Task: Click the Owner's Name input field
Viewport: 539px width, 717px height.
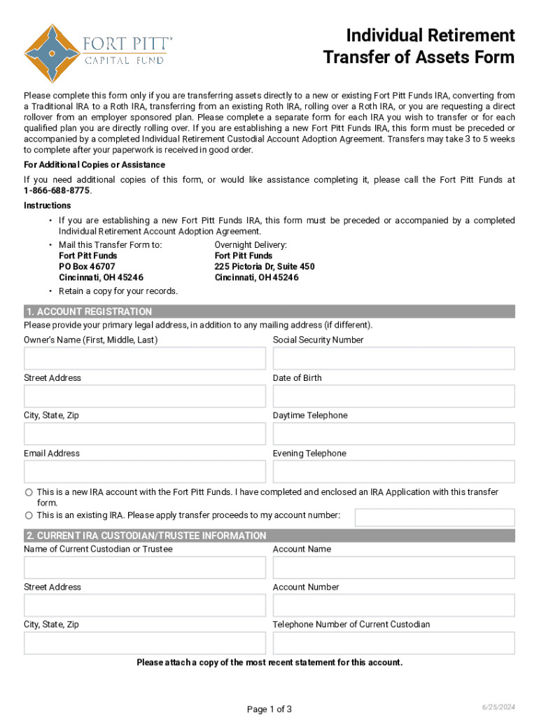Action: (x=145, y=358)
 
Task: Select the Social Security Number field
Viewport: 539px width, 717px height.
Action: (x=393, y=358)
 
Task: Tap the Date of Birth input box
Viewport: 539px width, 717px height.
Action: (x=393, y=396)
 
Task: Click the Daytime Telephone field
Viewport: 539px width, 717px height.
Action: (x=393, y=434)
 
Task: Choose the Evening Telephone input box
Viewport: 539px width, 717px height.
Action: (x=393, y=472)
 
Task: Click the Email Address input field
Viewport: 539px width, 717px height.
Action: (x=145, y=472)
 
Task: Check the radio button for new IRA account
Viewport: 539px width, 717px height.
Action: (x=29, y=492)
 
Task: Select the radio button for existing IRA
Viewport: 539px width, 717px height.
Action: (x=29, y=515)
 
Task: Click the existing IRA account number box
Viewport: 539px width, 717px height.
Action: (x=435, y=517)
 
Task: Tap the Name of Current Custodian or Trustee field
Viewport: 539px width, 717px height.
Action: (x=145, y=568)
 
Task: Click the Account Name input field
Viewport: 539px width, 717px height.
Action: (x=393, y=568)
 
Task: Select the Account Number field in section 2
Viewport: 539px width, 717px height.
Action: (x=393, y=606)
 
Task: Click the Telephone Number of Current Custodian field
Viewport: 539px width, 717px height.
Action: (x=393, y=643)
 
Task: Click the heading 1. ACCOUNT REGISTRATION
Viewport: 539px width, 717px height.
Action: (x=89, y=312)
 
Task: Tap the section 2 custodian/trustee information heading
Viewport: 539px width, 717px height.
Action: (x=146, y=536)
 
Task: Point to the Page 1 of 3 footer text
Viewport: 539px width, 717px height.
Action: (x=269, y=709)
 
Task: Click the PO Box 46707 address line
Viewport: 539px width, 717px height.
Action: (x=87, y=267)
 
